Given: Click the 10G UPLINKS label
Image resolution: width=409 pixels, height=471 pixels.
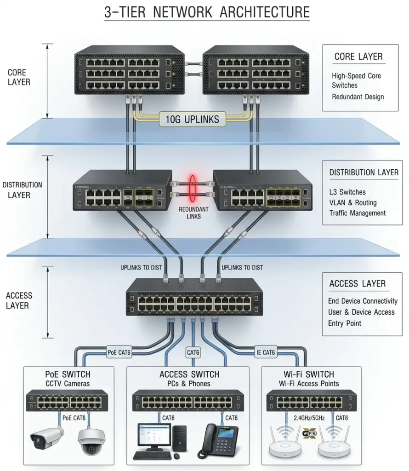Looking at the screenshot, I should click(x=193, y=120).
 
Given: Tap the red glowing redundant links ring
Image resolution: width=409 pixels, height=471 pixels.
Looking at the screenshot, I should click(x=190, y=189).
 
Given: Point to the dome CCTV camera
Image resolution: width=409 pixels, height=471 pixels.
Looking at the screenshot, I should click(x=90, y=441).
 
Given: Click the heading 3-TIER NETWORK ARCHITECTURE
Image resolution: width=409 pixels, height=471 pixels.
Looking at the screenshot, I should click(x=207, y=12).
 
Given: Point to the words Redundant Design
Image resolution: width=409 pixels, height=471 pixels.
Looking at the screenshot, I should click(x=358, y=97).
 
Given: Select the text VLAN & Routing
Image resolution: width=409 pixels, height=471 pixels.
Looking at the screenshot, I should click(x=352, y=202).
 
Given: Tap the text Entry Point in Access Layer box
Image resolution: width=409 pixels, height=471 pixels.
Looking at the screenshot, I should click(x=344, y=323).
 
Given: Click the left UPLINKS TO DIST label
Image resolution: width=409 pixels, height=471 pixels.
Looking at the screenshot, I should click(x=141, y=267).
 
